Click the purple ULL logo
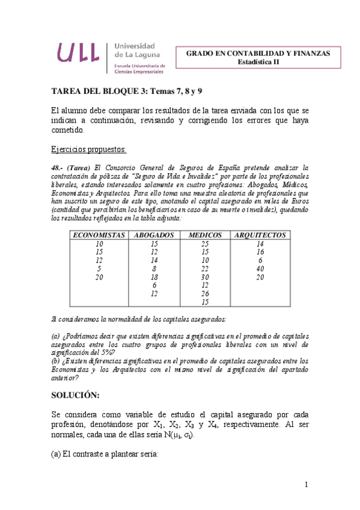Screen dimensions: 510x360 (78, 54)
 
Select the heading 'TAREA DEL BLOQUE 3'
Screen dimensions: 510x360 (92, 90)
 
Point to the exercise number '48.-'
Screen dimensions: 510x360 (60, 167)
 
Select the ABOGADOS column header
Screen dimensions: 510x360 (154, 235)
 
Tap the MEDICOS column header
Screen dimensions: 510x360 (205, 235)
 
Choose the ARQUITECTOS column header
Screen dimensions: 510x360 (260, 235)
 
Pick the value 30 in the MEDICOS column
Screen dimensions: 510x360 (205, 277)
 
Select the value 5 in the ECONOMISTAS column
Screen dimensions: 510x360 (100, 269)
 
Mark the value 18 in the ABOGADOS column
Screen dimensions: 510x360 (154, 277)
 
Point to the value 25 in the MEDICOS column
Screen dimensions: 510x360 (205, 244)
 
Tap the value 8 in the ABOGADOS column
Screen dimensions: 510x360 (154, 269)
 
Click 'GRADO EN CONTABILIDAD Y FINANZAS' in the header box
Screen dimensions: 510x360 (258, 53)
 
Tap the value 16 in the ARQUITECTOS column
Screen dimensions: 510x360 (260, 252)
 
